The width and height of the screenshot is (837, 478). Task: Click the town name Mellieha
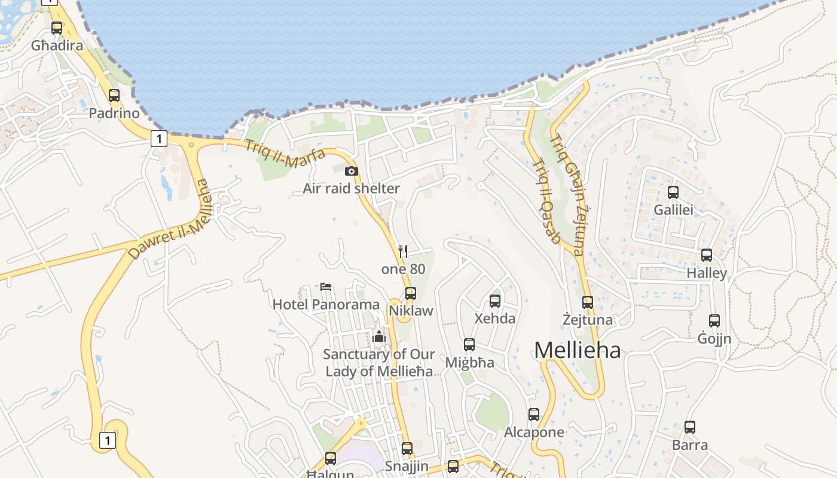pos(577,350)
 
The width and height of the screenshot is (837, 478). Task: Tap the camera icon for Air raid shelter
pos(352,171)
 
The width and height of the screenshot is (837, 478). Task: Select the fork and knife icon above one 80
pos(403,252)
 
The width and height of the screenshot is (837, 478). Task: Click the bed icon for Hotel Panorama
pos(326,287)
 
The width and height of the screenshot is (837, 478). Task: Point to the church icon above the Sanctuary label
pos(379,337)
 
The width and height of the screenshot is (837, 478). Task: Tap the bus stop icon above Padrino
pos(114,95)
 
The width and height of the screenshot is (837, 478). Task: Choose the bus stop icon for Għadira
pos(57,27)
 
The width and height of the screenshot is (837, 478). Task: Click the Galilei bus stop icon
pos(673,192)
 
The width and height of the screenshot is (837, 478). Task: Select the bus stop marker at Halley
pos(707,255)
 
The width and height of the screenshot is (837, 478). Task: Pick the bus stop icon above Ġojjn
pos(714,321)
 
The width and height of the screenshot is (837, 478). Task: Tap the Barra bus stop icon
pos(690,427)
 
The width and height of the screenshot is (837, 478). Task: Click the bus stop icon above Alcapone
pos(534,414)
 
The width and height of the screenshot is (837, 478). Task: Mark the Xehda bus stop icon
pos(495,301)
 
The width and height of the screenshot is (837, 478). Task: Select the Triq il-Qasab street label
pos(546,201)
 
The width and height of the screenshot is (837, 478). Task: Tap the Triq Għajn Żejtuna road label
pos(567,195)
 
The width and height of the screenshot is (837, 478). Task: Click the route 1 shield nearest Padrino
pos(158,139)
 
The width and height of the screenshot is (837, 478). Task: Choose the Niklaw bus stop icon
pos(411,293)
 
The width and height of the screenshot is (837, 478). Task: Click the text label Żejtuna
pos(588,320)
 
